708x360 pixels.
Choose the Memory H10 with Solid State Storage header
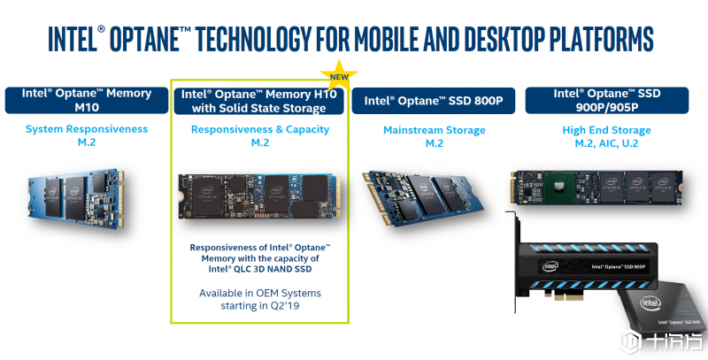260,100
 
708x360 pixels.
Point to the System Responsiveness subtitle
86,130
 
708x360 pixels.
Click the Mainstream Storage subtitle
434,130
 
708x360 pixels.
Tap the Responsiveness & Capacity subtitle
260,130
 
